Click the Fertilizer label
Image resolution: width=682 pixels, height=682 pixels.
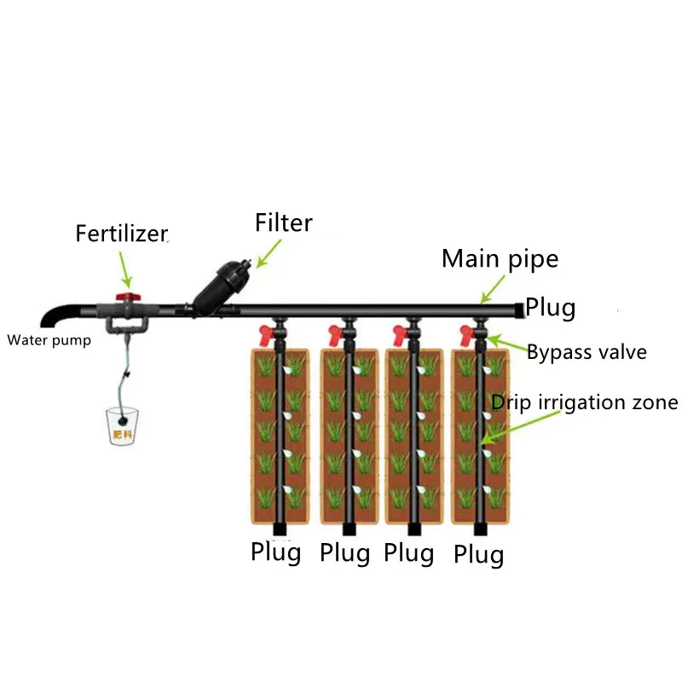point(121,234)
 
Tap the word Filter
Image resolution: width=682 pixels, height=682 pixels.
point(284,223)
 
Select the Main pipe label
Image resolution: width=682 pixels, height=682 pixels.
point(500,259)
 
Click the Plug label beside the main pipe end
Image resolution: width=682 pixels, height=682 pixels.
point(550,307)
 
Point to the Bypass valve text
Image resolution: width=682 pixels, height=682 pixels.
point(587,352)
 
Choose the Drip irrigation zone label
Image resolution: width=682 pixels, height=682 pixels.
point(585,402)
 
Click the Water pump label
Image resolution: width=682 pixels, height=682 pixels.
point(48,341)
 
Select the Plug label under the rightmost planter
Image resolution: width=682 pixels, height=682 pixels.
point(478,556)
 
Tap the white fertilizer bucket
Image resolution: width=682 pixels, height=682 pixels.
point(124,424)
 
